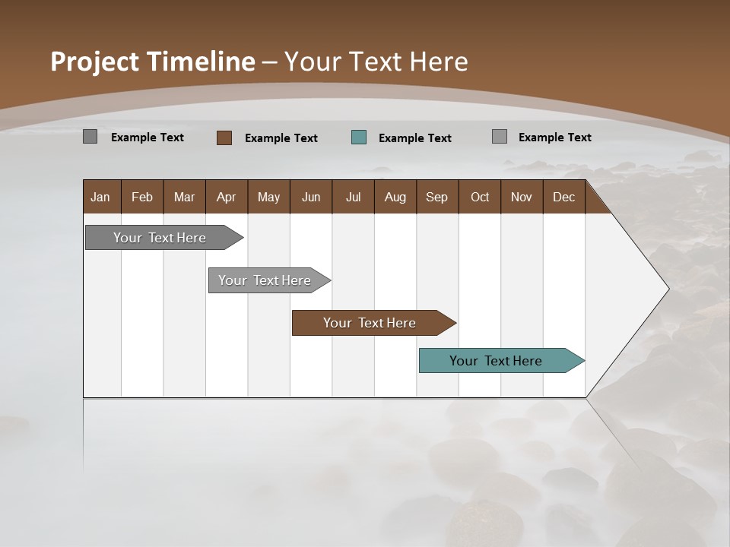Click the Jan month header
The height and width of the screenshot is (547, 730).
100,198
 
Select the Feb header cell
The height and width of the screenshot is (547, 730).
142,198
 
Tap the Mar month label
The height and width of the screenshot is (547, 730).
184,198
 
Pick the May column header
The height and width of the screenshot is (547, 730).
268,198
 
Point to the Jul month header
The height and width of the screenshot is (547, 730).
353,198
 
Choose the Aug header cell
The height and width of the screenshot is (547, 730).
395,198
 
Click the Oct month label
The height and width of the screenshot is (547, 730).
480,198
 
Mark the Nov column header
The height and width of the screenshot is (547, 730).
522,198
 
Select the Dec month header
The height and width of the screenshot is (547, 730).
563,198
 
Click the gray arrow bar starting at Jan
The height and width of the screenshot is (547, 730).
160,238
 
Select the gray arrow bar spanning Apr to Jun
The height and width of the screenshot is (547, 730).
265,280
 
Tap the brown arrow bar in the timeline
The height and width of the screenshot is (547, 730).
370,323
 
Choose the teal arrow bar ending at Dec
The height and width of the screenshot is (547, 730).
496,361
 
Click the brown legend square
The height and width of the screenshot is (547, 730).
224,138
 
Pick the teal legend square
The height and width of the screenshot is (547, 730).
359,138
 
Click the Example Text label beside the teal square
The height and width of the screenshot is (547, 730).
415,138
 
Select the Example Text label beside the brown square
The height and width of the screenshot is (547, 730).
281,138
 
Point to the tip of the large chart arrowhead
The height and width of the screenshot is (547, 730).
668,289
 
